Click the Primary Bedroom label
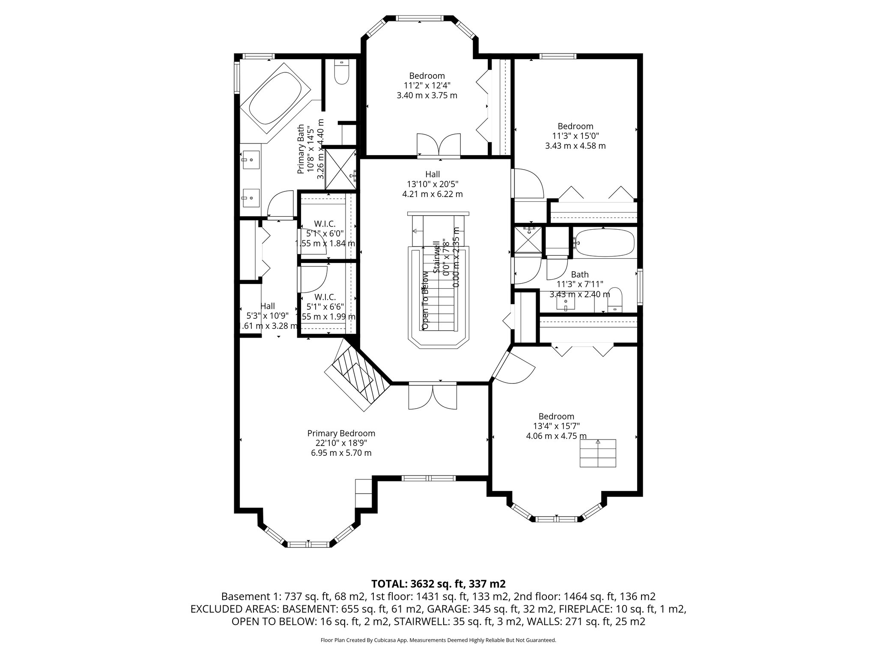(341, 433)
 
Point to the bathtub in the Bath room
(605, 244)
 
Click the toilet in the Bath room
(614, 299)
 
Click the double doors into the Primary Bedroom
(433, 398)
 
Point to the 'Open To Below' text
(425, 300)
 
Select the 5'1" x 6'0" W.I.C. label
(325, 233)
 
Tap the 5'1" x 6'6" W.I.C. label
(325, 307)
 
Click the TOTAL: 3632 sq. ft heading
(438, 583)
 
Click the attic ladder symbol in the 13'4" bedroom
(598, 453)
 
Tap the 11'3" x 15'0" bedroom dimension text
(575, 136)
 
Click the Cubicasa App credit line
(438, 640)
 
